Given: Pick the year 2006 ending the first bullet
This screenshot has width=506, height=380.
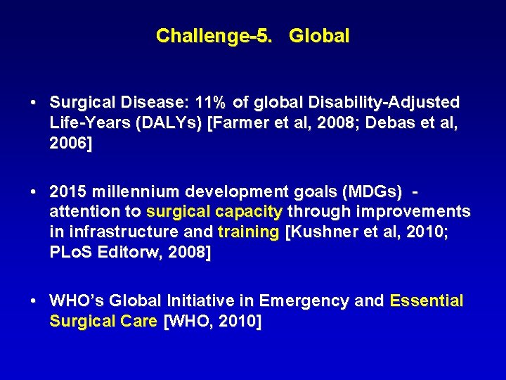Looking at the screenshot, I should pos(68,144).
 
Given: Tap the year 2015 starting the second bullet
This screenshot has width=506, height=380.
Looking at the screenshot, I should pos(68,191).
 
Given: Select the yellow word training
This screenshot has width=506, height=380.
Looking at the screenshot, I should pos(248,232).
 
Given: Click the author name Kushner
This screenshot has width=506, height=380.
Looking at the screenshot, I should pos(323,232).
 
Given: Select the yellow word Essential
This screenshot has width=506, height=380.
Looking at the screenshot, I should pos(427,301).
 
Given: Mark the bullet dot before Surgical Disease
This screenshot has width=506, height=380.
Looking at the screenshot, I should pos(34,103).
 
